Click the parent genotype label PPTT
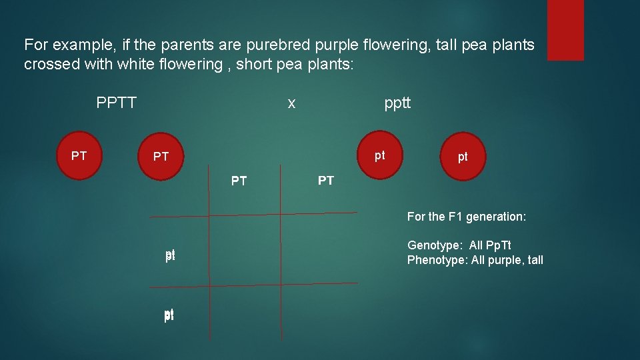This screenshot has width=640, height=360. click(117, 103)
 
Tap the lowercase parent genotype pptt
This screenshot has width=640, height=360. click(397, 103)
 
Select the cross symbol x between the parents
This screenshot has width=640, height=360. click(291, 103)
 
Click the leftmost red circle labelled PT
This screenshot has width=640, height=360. click(79, 156)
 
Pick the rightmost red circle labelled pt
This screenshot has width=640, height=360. click(462, 157)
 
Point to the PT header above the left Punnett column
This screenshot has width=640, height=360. click(239, 181)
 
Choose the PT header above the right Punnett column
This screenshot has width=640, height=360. click(326, 181)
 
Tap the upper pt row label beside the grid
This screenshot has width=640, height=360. click(170, 255)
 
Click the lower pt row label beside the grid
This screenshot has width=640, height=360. click(169, 315)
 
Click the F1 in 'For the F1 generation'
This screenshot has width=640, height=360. click(455, 217)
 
